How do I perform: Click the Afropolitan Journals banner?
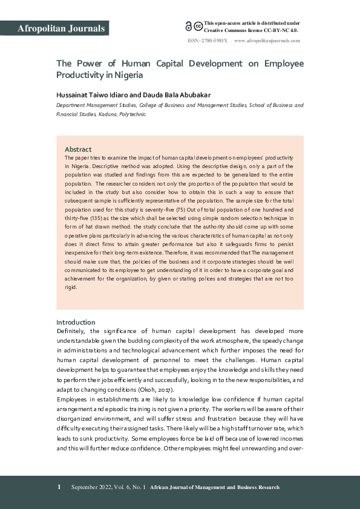pos(62,28)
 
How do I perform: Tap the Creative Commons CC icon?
pos(197,25)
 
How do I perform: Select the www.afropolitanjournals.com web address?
pos(267,41)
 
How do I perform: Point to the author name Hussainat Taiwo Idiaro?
pos(93,94)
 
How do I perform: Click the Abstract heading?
pos(78,149)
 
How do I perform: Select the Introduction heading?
pos(76,322)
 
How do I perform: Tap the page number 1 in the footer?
pos(59,487)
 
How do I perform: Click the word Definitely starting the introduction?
pos(71,331)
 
